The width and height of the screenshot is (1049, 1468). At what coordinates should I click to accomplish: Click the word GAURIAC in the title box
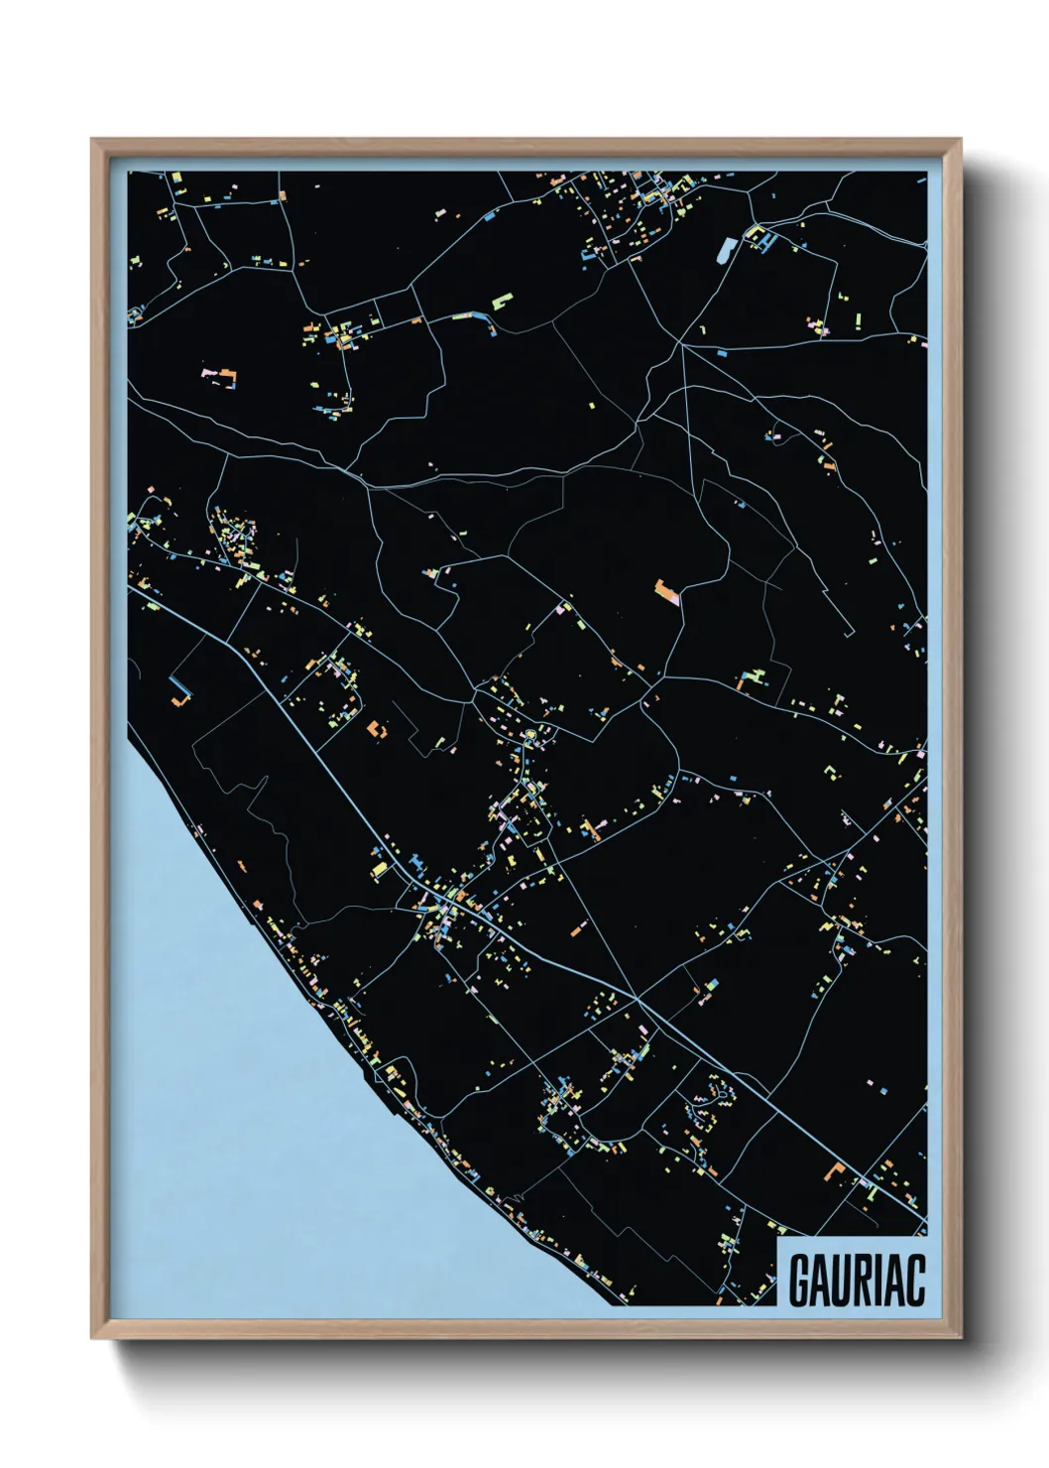point(857,1280)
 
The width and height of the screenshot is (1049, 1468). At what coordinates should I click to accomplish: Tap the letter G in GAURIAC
point(799,1280)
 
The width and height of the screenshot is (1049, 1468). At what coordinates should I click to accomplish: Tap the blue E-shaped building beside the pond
point(759,237)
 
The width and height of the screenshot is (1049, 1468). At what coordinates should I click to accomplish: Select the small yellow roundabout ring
point(530,735)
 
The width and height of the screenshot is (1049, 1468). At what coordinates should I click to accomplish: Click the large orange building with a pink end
point(668,593)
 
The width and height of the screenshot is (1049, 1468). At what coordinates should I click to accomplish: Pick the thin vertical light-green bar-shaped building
point(859,320)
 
